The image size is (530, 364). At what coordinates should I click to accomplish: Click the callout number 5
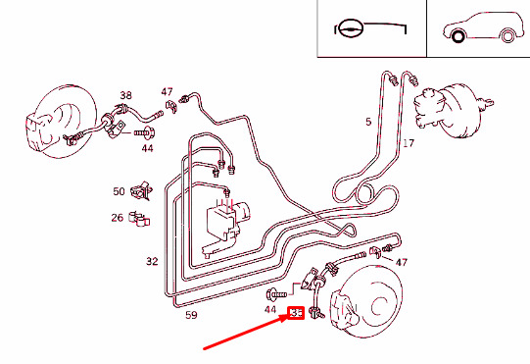click(x=368, y=122)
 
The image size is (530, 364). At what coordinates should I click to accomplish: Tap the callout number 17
click(x=409, y=143)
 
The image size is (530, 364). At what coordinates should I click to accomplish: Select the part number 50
click(x=119, y=191)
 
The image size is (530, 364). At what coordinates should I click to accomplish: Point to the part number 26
click(x=118, y=218)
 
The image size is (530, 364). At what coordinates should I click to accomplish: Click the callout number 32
click(x=152, y=261)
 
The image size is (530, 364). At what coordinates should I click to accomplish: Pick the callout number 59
click(x=191, y=315)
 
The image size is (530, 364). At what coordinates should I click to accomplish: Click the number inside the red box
click(x=297, y=313)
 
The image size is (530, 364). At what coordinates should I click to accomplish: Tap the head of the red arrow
click(x=287, y=317)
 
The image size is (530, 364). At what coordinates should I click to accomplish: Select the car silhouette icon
click(x=483, y=27)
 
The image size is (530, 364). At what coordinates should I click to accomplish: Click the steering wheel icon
click(x=351, y=28)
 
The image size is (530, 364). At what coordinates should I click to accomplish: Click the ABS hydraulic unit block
click(x=225, y=226)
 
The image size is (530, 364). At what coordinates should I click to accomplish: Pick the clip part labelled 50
click(x=142, y=191)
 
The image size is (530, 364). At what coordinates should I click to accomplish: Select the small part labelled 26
click(x=139, y=219)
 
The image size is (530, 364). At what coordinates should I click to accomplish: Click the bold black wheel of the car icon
click(x=458, y=36)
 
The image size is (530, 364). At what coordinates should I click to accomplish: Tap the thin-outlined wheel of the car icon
click(x=507, y=36)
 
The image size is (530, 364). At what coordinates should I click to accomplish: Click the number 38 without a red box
click(x=125, y=95)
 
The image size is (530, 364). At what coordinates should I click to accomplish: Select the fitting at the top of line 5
click(x=393, y=80)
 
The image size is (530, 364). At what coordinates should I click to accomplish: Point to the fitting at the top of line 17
click(x=413, y=80)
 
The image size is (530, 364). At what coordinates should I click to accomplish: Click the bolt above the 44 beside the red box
click(x=276, y=294)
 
